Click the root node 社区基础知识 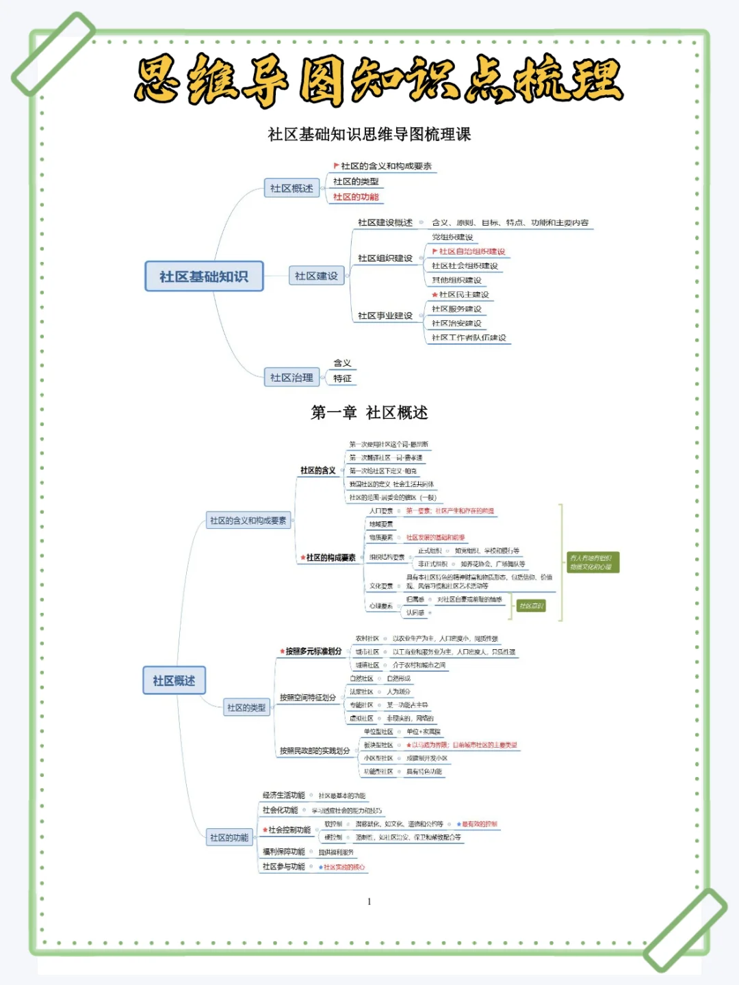(x=204, y=276)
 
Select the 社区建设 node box (x=316, y=276)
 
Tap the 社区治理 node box (x=291, y=377)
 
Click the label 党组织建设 (x=452, y=237)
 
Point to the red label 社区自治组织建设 (x=472, y=252)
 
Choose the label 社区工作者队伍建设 (x=469, y=338)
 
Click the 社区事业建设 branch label (x=385, y=316)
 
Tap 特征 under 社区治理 (x=342, y=378)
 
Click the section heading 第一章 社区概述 (x=369, y=412)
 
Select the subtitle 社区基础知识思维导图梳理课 (x=369, y=134)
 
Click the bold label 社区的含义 (x=318, y=471)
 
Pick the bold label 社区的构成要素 (x=331, y=557)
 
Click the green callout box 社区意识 (x=531, y=606)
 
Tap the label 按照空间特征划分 (x=308, y=698)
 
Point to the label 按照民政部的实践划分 (x=315, y=751)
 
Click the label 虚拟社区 (x=361, y=718)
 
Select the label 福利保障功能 (x=284, y=852)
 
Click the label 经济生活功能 (x=284, y=796)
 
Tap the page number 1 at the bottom (x=369, y=902)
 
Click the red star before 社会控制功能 (x=265, y=830)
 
